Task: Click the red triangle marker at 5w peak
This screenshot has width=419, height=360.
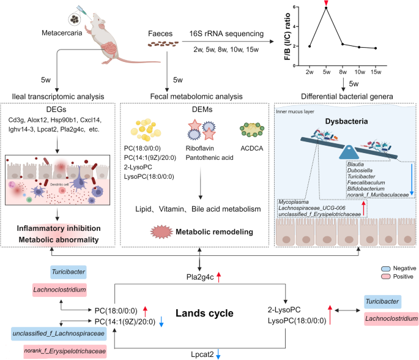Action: pos(327,6)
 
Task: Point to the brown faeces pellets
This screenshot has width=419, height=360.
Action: pos(166,43)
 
